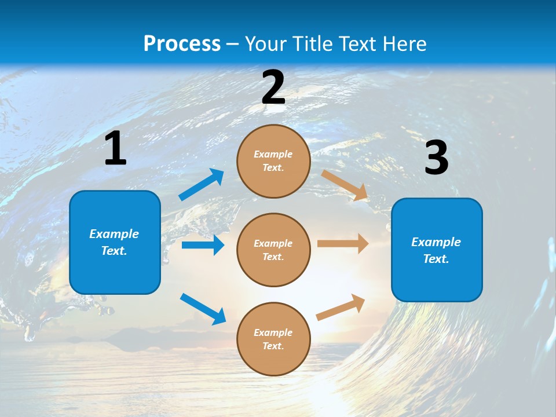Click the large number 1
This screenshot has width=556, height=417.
coord(115,149)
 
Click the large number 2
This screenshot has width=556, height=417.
coord(273,87)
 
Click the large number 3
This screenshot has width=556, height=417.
coord(436,158)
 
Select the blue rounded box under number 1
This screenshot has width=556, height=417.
coord(115,242)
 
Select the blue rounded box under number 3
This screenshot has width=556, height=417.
coord(437,250)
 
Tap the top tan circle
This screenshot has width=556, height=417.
coord(273,161)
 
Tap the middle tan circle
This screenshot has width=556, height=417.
coord(273,250)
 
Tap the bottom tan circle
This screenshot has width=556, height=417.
coord(273,339)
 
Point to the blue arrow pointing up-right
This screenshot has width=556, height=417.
coord(202,185)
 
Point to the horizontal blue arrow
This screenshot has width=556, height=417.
coord(203,245)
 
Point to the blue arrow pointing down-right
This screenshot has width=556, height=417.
coord(203,309)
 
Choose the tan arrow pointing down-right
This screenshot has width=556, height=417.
coord(345,185)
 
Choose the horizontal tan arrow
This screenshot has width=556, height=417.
coord(343,244)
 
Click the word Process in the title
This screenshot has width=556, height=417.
coord(182,43)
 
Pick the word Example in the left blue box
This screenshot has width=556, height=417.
coord(114,234)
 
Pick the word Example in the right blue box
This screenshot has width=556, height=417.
coord(436,242)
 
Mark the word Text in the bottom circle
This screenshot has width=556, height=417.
coord(272,346)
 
